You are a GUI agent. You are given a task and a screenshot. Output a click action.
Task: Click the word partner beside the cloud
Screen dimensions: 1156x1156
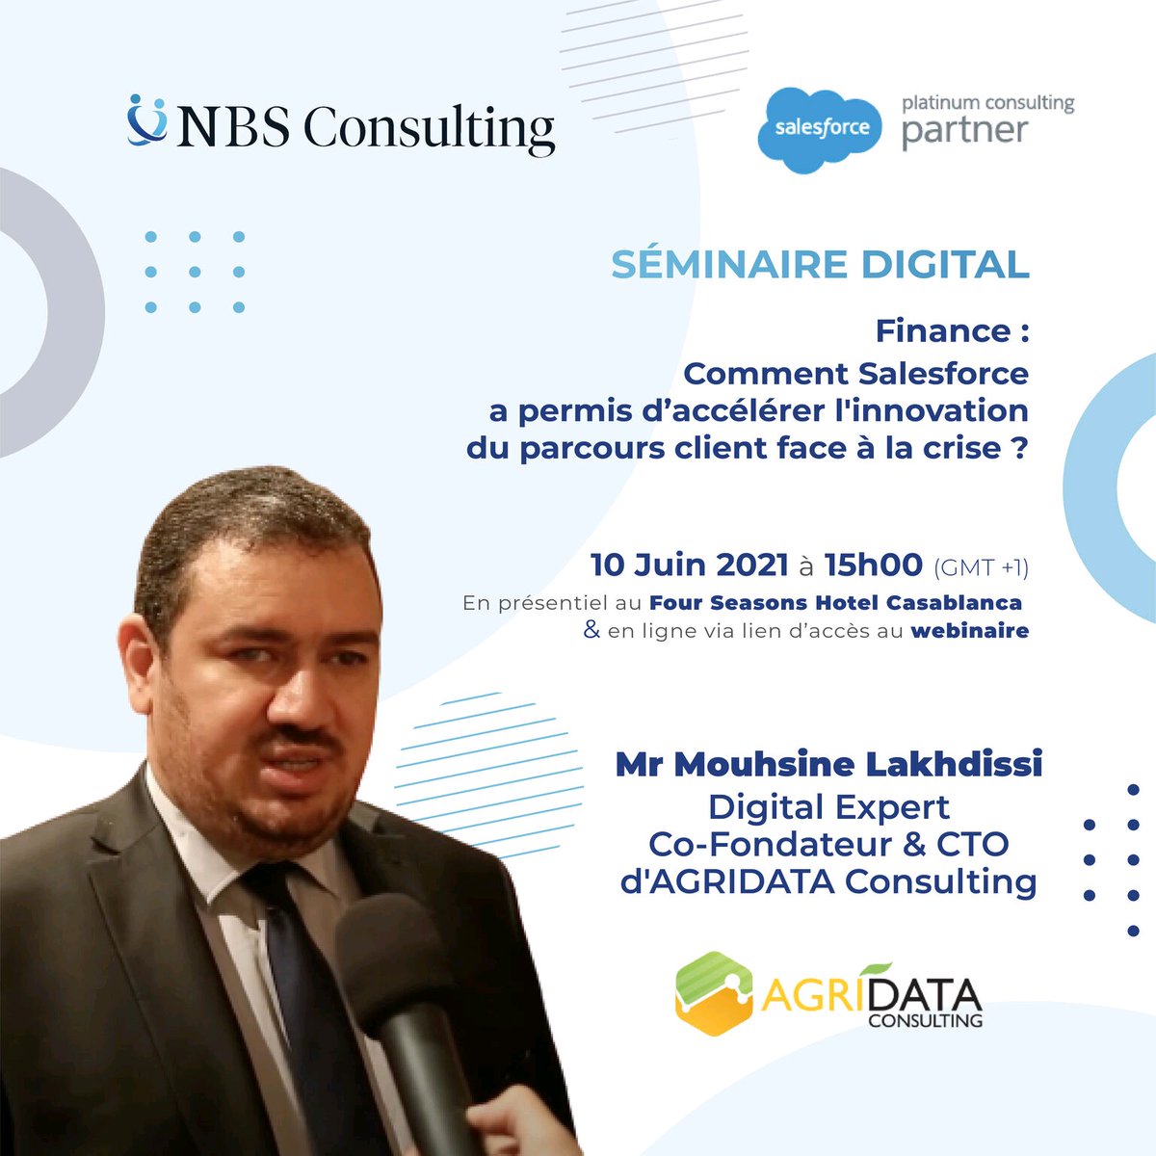click(964, 130)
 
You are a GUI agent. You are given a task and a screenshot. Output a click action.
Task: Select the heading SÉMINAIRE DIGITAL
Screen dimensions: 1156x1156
click(820, 265)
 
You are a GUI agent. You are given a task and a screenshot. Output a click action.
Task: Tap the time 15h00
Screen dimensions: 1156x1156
click(874, 565)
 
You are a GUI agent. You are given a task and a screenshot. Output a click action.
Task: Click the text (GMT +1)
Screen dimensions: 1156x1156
click(981, 567)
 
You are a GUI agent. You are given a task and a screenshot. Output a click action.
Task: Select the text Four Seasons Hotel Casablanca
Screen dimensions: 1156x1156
click(835, 604)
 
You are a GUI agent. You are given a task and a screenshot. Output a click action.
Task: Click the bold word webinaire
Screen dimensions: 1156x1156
click(969, 632)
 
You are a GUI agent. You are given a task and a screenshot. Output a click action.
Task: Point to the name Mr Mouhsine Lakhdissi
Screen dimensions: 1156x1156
click(828, 766)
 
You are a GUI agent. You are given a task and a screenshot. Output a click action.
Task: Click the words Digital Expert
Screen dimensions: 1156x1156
click(828, 806)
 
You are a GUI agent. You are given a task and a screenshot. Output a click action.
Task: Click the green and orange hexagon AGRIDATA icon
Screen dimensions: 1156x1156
click(714, 992)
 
